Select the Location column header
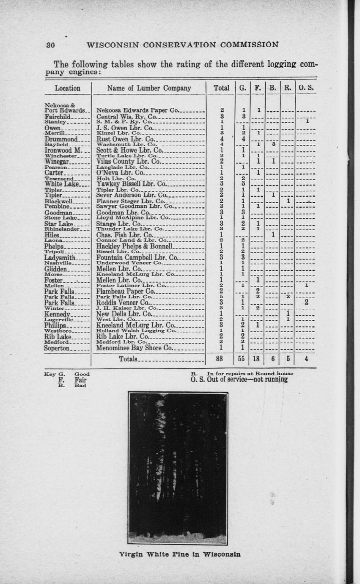click(x=67, y=88)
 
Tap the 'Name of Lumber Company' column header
click(x=149, y=88)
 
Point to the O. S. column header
click(x=305, y=88)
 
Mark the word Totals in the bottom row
click(x=129, y=359)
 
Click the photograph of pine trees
click(x=178, y=468)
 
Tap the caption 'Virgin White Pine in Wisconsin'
click(x=180, y=554)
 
